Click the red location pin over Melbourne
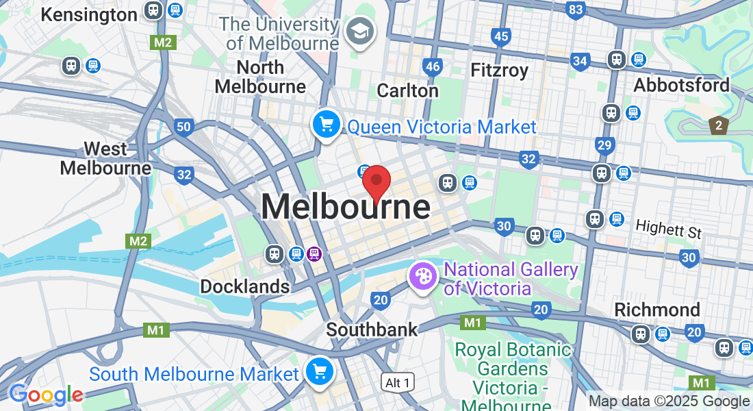(376, 182)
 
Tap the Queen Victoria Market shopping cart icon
(327, 125)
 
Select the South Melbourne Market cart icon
(319, 372)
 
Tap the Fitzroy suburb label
(500, 70)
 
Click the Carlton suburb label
(408, 90)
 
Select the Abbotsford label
(681, 86)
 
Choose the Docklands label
(244, 286)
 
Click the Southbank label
(372, 329)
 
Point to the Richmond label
(657, 309)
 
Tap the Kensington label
(89, 14)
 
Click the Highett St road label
(668, 229)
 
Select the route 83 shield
(576, 10)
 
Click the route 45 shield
(501, 36)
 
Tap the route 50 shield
(183, 127)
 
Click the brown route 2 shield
(718, 125)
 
